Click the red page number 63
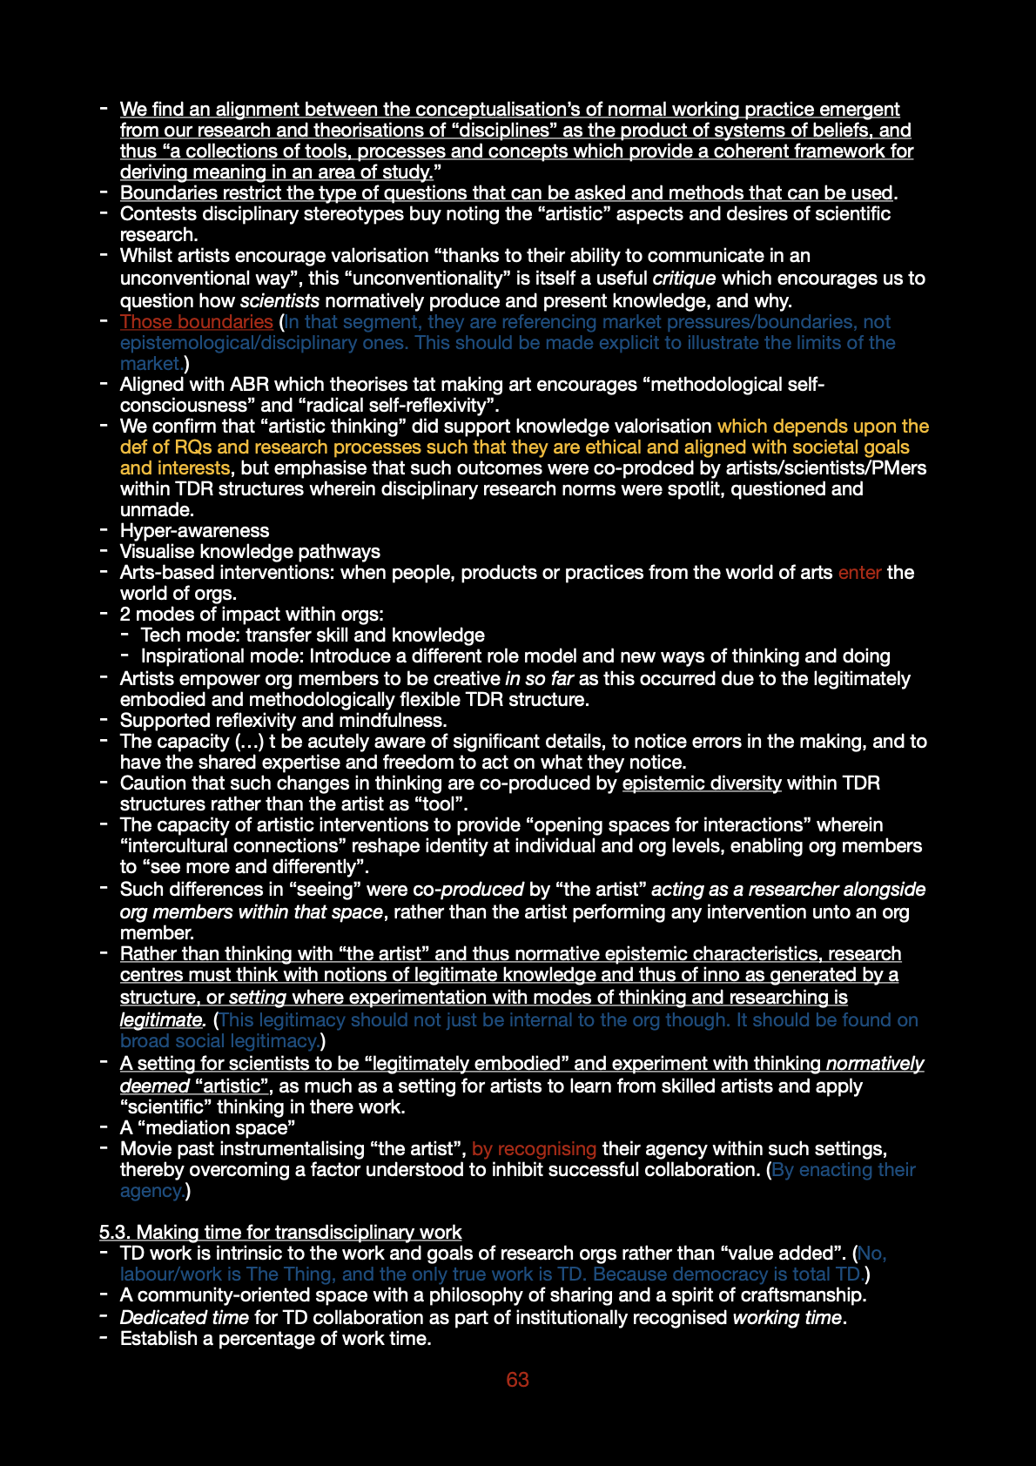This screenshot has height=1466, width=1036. [517, 1380]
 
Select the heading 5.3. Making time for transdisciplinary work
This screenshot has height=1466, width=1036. [279, 1232]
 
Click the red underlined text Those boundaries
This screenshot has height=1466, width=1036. [196, 322]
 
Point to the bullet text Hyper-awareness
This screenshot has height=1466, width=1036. [194, 531]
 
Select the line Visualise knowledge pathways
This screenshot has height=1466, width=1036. [250, 552]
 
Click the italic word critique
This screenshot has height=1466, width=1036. [684, 279]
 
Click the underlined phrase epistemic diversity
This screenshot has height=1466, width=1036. [702, 783]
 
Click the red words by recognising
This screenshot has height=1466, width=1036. [534, 1149]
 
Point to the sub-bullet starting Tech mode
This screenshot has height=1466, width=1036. [313, 635]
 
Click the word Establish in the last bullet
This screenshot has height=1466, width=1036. [158, 1339]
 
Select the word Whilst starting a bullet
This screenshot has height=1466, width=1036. [146, 256]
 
